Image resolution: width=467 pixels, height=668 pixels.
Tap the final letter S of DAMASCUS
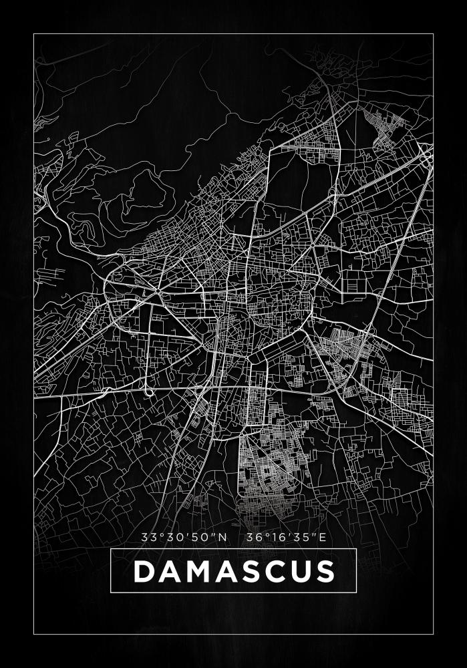(x=325, y=571)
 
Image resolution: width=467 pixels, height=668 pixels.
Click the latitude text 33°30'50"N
(x=184, y=536)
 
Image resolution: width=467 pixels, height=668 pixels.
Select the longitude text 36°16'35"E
(x=285, y=536)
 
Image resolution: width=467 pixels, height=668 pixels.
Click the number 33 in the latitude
(x=148, y=536)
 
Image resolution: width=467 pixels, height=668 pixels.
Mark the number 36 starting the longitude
(x=253, y=536)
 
